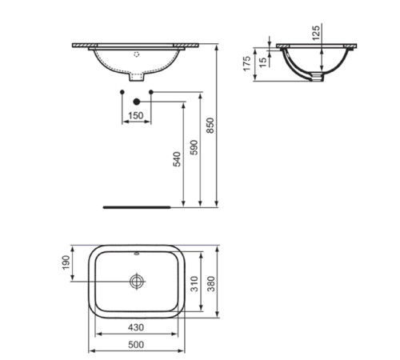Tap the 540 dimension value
click(178, 159)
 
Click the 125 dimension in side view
click(316, 32)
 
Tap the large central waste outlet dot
click(136, 101)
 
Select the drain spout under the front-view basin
click(137, 79)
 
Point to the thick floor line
click(137, 206)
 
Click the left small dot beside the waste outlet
click(122, 94)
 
